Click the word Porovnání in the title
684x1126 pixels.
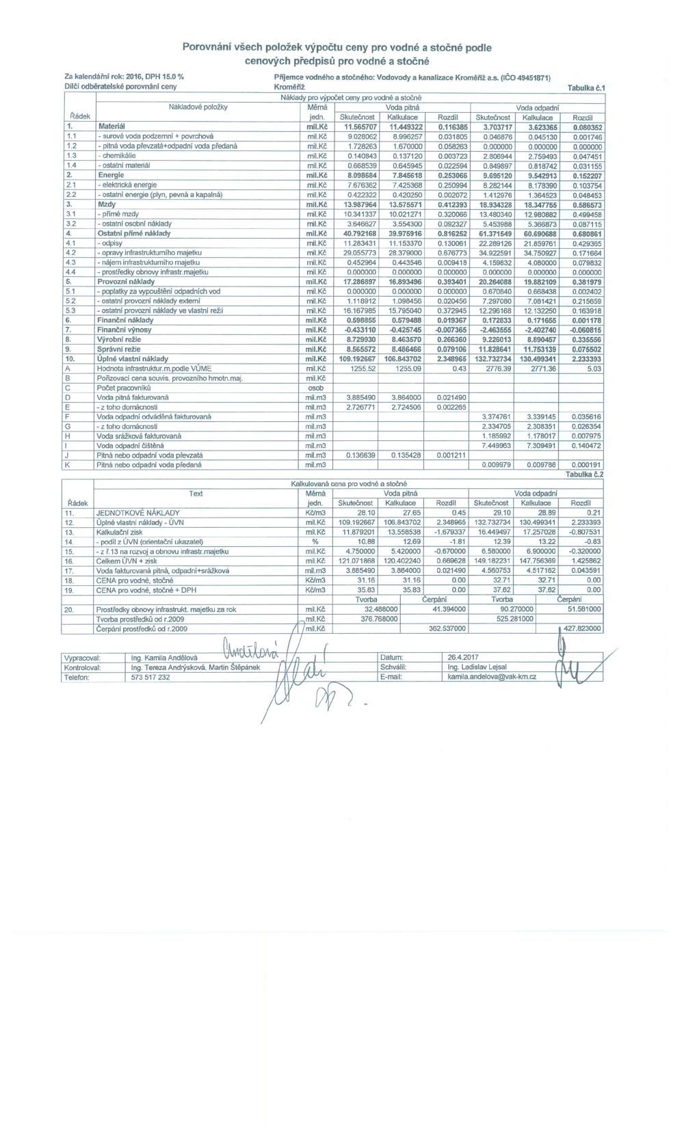click(x=205, y=48)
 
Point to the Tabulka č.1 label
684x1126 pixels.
click(x=586, y=88)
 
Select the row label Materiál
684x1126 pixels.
click(x=111, y=127)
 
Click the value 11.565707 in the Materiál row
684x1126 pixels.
click(x=360, y=127)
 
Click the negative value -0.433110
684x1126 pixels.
click(x=360, y=330)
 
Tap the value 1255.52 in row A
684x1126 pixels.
click(x=363, y=368)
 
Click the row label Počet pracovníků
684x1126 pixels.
click(x=123, y=388)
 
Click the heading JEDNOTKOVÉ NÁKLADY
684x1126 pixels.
click(x=138, y=513)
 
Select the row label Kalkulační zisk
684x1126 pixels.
click(x=120, y=532)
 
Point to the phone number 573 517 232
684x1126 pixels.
click(x=150, y=677)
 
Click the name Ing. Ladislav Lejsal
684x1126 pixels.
click(x=477, y=667)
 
